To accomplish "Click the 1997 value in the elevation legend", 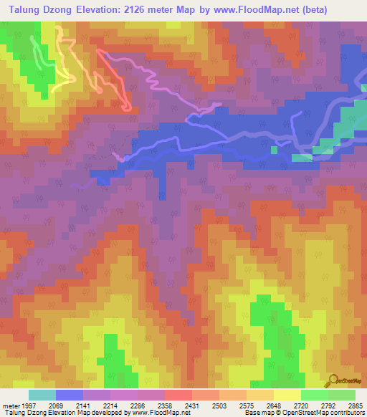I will click(x=28, y=405).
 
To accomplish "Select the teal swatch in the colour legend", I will click(x=42, y=395).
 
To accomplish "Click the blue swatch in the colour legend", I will click(x=70, y=395).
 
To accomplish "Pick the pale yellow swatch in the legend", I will click(x=287, y=395).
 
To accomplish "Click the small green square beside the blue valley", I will click(x=274, y=150).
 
